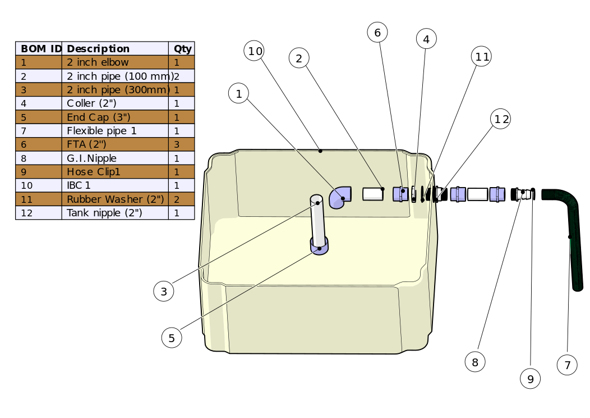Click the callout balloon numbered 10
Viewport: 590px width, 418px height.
(x=255, y=51)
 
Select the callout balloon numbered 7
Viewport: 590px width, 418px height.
(x=567, y=365)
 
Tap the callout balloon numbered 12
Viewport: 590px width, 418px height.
(x=500, y=119)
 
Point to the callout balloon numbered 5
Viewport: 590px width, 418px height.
(x=172, y=338)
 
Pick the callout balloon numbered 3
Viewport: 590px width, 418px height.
(x=164, y=291)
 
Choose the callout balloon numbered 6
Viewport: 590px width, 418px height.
(x=377, y=33)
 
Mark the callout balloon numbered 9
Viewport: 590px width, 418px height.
(x=531, y=379)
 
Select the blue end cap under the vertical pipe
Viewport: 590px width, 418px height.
(x=320, y=246)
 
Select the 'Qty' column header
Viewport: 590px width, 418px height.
(x=182, y=49)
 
